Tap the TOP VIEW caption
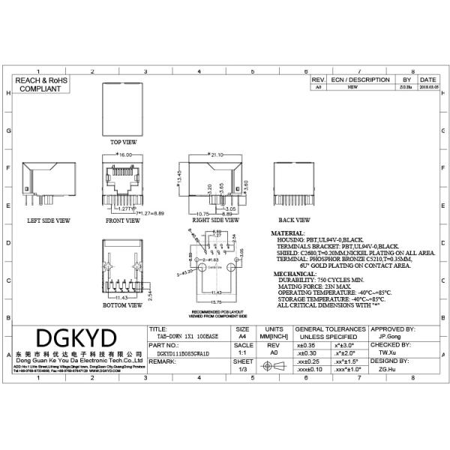(124, 142)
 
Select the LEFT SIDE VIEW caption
(49, 221)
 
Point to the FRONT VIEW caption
(122, 221)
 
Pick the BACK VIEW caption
(294, 220)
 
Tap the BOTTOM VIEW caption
(123, 306)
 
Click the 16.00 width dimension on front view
(124, 154)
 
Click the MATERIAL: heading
(287, 234)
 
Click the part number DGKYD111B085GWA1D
(179, 351)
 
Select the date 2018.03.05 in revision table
(428, 87)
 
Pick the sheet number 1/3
(242, 369)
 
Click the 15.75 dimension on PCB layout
(216, 301)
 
